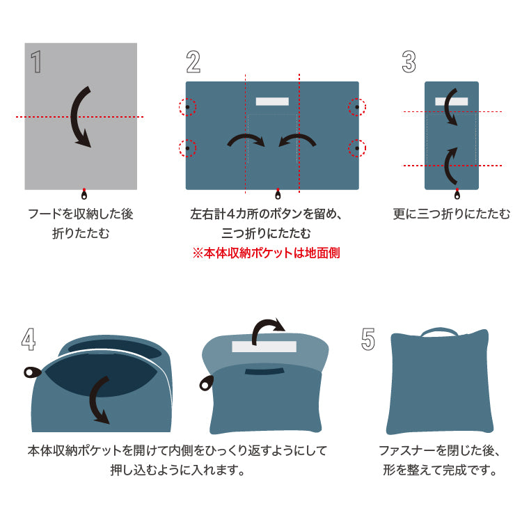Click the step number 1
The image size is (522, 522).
36,61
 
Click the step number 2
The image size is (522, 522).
193,61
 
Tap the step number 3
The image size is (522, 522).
409,61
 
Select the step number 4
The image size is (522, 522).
29,339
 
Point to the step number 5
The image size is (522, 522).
368,339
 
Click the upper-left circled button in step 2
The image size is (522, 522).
187,107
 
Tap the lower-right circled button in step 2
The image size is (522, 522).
357,148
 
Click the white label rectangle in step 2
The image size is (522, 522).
272,101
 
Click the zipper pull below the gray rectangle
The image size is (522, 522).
84,194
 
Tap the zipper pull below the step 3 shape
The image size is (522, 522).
457,194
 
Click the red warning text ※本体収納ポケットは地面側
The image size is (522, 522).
266,253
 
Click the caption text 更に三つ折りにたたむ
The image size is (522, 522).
451,214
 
